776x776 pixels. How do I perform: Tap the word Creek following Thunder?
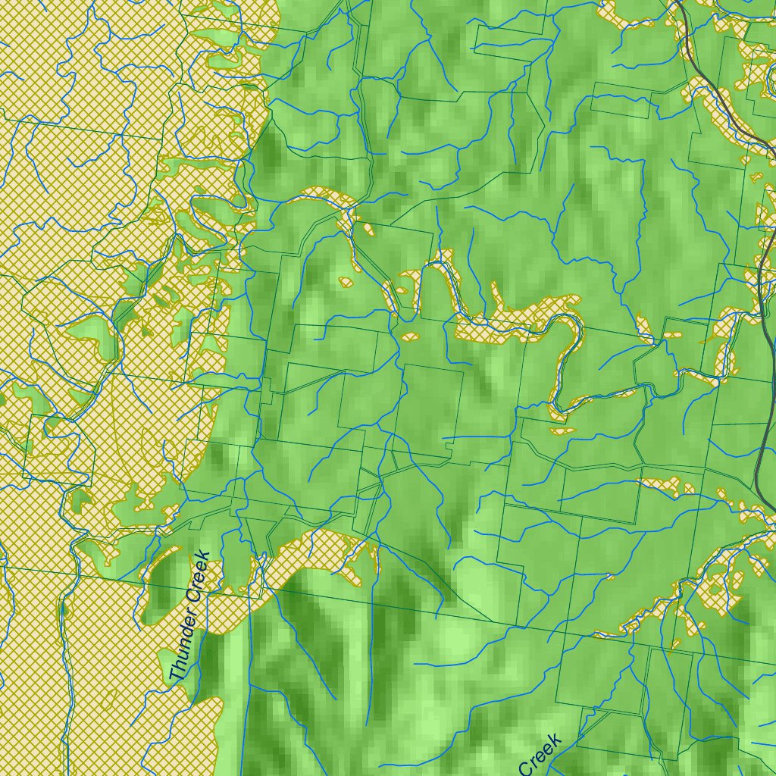[200, 577]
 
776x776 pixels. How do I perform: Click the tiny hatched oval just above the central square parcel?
[410, 336]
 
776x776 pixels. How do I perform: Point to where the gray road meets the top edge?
[676, 2]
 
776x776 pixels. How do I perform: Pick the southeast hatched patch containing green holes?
[720, 584]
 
